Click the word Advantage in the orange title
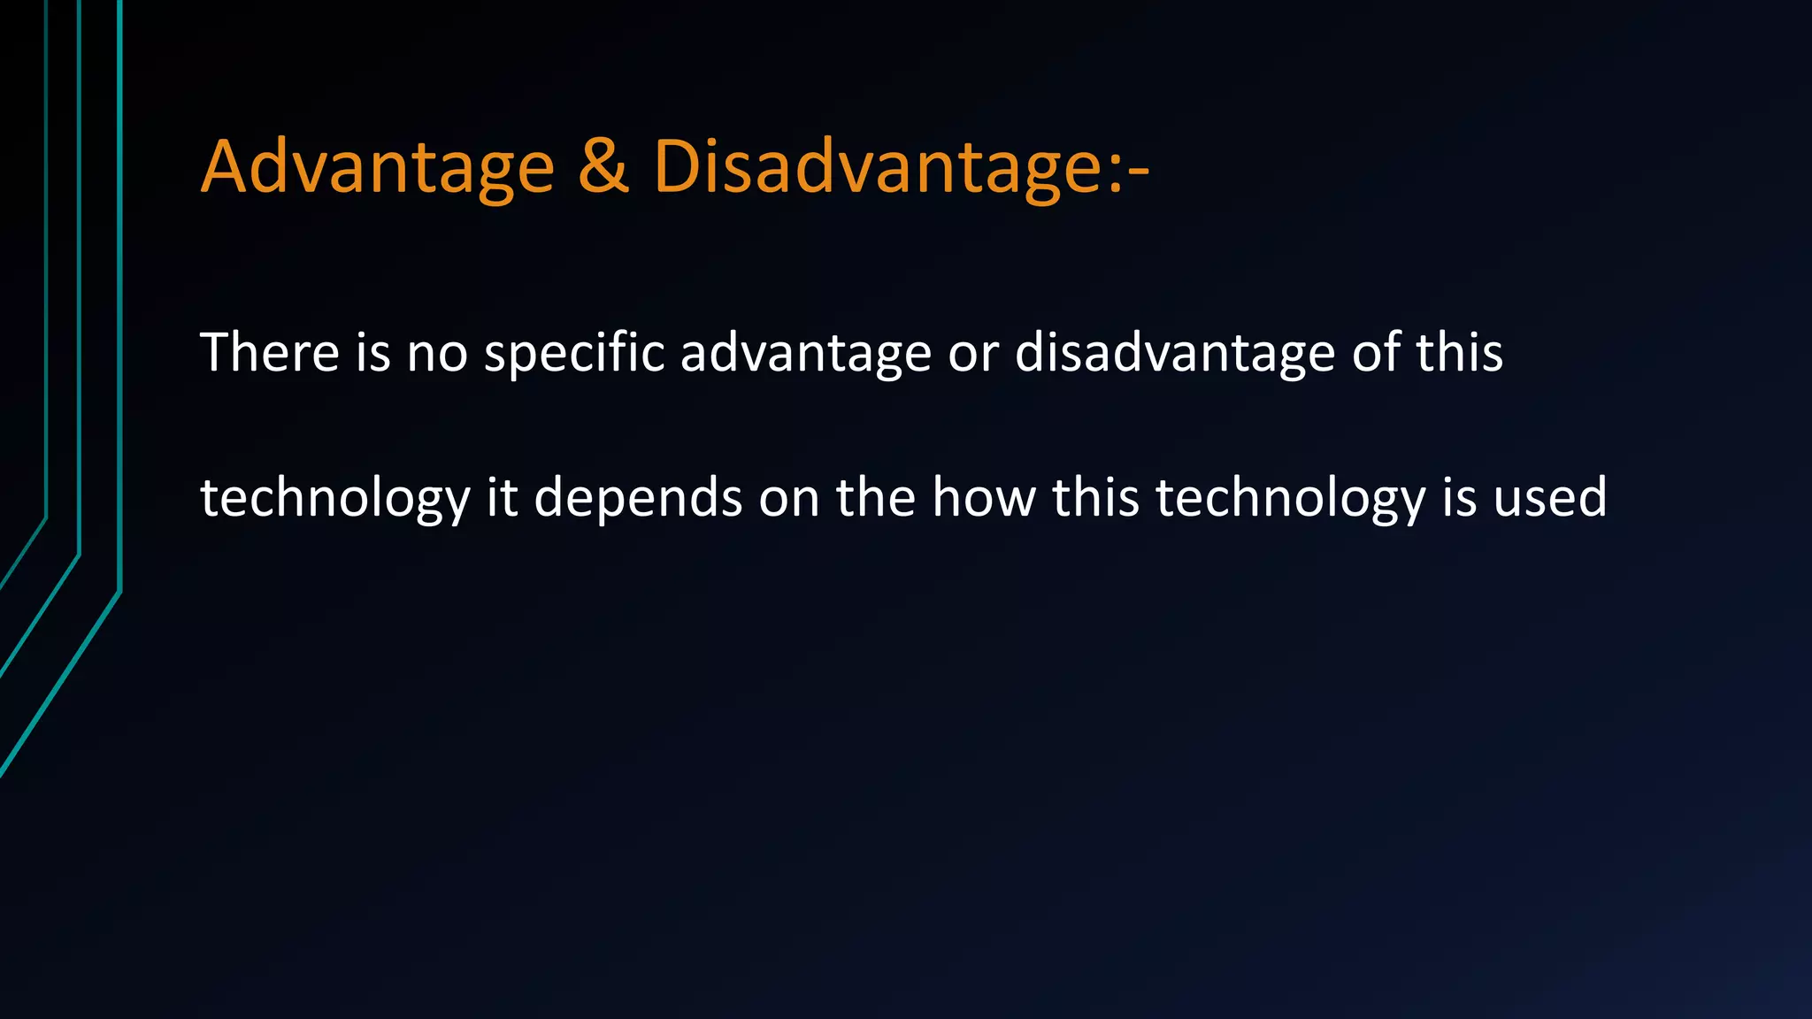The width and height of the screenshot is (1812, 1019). (378, 167)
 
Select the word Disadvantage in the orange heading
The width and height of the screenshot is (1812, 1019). (876, 167)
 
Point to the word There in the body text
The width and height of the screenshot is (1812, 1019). (270, 352)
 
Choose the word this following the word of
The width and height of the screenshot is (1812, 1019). (1460, 352)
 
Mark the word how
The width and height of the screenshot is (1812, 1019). (983, 497)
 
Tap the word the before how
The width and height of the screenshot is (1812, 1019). (875, 497)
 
